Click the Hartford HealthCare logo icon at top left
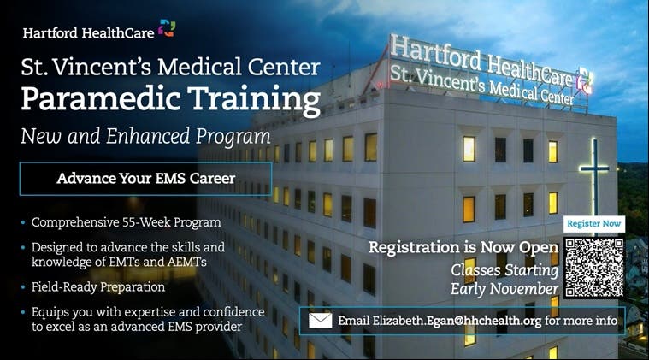click(167, 28)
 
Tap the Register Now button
click(594, 224)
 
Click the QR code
click(594, 268)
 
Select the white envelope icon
click(321, 321)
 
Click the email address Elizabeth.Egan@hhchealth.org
click(440, 321)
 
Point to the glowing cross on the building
click(594, 178)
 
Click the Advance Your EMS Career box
click(145, 179)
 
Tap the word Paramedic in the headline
click(101, 99)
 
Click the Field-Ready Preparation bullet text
click(98, 287)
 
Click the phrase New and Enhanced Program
click(145, 137)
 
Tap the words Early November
click(504, 289)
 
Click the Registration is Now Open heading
click(463, 247)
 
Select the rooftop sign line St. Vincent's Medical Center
click(481, 86)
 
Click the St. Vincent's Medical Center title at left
click(170, 67)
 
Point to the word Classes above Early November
click(475, 270)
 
